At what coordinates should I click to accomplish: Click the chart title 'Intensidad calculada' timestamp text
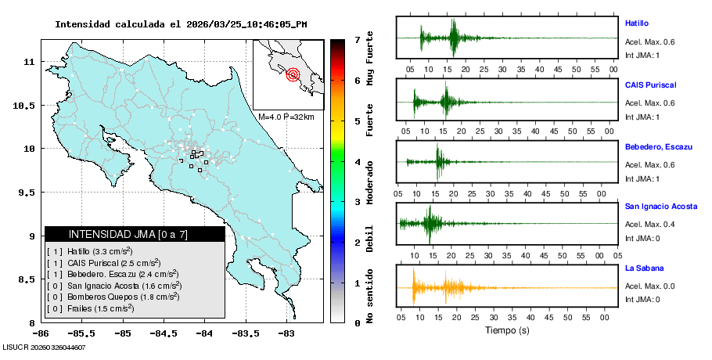[x=181, y=24]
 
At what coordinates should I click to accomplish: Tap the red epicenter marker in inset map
[x=293, y=75]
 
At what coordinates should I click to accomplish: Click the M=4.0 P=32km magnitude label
[x=286, y=117]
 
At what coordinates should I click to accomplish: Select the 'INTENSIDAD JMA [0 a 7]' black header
[x=135, y=234]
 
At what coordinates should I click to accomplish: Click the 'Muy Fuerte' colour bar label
[x=369, y=59]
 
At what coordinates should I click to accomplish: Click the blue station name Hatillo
[x=637, y=23]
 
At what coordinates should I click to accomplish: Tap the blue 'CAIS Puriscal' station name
[x=650, y=85]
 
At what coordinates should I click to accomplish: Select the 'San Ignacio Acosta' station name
[x=660, y=206]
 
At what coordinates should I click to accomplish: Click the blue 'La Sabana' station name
[x=644, y=268]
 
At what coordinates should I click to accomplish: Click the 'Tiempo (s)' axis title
[x=507, y=330]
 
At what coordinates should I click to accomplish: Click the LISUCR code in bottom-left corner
[x=43, y=347]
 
